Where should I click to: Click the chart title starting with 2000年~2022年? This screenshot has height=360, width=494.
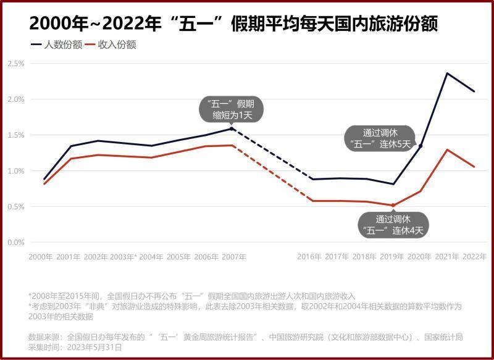point(235,23)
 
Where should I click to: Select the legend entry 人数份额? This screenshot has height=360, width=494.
point(62,44)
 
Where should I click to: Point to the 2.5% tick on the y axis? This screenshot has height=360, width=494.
point(16,64)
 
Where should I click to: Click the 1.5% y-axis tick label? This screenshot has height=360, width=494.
point(16,135)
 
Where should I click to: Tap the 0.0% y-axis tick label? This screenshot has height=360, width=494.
point(16,242)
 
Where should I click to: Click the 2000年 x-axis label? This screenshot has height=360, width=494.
point(41,257)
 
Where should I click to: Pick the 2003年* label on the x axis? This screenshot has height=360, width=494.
point(124,257)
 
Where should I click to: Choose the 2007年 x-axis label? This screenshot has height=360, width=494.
point(234,257)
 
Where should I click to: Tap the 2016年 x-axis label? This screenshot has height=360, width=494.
point(309,257)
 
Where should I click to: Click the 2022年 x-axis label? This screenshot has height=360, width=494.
point(474,257)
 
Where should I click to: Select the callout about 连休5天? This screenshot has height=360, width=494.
point(377,138)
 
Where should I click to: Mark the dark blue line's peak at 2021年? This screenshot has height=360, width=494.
point(447,73)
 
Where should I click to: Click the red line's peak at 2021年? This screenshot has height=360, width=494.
point(447,149)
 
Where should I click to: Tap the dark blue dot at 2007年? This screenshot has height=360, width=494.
point(232,128)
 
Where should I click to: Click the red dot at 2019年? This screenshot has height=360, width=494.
point(393,206)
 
